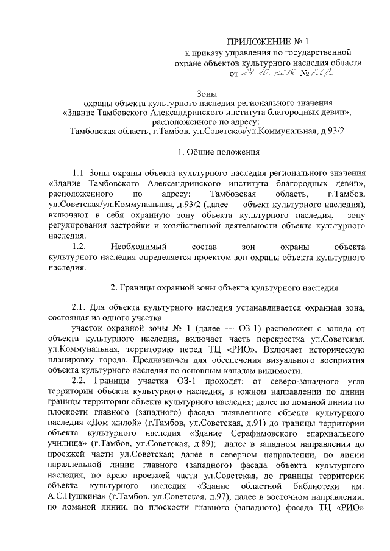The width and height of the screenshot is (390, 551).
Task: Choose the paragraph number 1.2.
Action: coord(80,247)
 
